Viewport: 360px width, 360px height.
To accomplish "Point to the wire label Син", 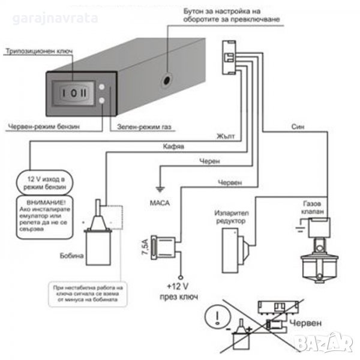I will click(298, 127).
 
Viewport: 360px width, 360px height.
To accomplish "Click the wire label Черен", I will click(209, 161).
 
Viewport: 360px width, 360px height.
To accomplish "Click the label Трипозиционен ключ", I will click(38, 52).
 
